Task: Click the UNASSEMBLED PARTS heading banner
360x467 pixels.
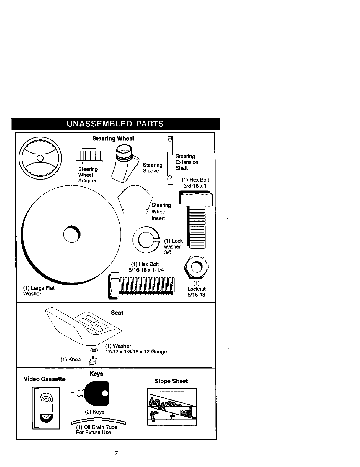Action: coord(115,124)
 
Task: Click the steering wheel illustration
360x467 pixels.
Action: coord(40,158)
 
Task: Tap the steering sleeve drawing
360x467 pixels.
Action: coord(125,164)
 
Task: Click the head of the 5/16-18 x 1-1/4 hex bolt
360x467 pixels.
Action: coord(114,285)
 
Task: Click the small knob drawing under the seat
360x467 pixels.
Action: coord(93,360)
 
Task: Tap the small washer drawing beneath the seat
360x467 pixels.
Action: coord(94,350)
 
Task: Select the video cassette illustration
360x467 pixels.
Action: coord(46,408)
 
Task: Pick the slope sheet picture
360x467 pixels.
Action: coord(172,407)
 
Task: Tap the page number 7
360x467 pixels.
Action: coord(116,453)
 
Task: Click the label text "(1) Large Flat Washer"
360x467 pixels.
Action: coord(39,291)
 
